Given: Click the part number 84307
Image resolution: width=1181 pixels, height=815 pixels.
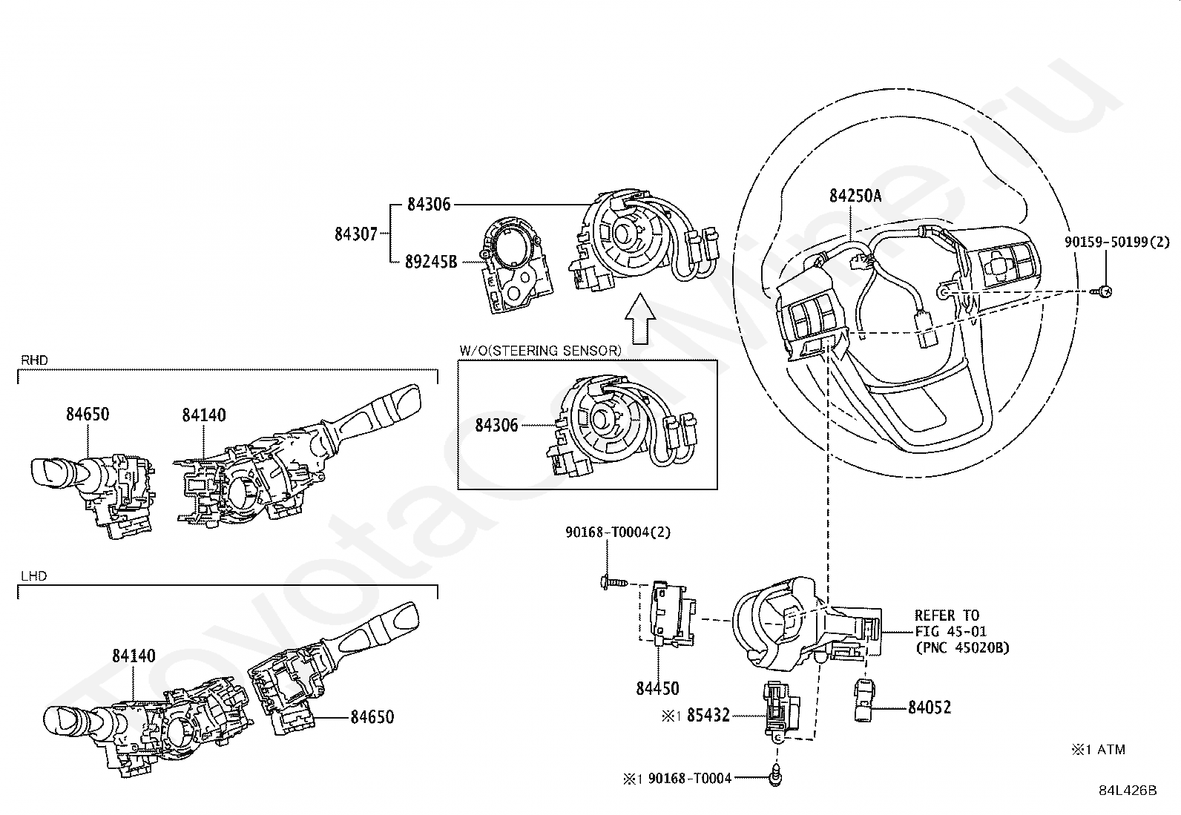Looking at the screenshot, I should pos(356,234).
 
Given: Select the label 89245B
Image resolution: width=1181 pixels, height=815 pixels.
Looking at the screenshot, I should pos(431,261).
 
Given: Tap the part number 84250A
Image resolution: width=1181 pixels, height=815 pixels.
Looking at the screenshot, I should pos(855,195).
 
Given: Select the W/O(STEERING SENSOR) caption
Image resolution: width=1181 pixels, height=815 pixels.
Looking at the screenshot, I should pos(540,351).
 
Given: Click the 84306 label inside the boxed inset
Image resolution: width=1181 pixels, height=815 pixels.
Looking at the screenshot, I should pos(496,426).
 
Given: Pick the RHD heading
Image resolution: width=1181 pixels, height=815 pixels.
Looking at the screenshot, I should pos(34,360).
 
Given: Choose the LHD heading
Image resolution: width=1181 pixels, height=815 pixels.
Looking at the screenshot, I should pos(33,575).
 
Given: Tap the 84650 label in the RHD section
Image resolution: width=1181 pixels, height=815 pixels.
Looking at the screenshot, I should pos(88,414).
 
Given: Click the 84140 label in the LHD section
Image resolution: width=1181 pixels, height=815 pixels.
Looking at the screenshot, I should pos(134,656).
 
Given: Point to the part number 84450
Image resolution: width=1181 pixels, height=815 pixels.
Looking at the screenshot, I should pos(657,688).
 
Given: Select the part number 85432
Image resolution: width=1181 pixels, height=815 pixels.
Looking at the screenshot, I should pos(708,716).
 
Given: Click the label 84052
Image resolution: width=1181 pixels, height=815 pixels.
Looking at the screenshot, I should pos(930,707).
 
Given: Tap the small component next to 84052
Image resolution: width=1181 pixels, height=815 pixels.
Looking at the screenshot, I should pos(866,700).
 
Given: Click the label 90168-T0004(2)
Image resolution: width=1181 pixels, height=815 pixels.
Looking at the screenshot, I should pos(618,532).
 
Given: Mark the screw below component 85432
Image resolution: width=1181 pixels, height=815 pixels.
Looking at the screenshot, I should pos(777,776).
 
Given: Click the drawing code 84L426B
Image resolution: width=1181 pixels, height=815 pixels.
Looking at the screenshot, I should pos(1128,791).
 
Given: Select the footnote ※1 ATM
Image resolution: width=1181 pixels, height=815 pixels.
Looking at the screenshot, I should pos(1098,750).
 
